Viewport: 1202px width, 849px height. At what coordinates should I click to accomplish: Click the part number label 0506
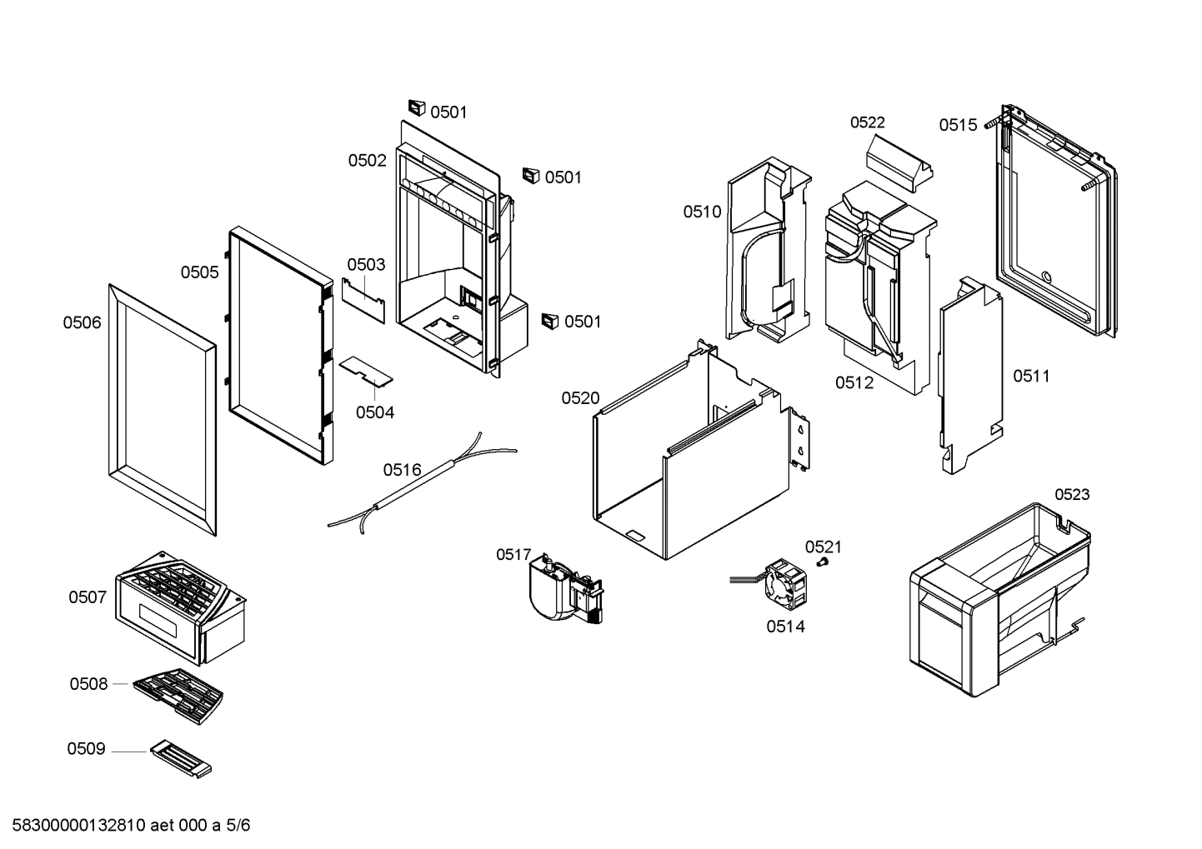[82, 322]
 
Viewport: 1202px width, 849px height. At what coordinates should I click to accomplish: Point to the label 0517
[513, 554]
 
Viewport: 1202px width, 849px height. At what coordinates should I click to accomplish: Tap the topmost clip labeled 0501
[417, 107]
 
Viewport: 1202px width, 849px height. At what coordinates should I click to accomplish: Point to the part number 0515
[958, 125]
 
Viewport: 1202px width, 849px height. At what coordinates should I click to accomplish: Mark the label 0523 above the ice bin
[1072, 494]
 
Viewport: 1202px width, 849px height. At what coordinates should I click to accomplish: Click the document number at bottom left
[131, 826]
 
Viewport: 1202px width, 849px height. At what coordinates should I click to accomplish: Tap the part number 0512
[854, 382]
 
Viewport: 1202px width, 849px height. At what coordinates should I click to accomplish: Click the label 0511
[1031, 376]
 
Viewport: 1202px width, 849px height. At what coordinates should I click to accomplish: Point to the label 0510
[702, 212]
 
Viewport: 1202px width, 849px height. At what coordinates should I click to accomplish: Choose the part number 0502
[367, 161]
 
